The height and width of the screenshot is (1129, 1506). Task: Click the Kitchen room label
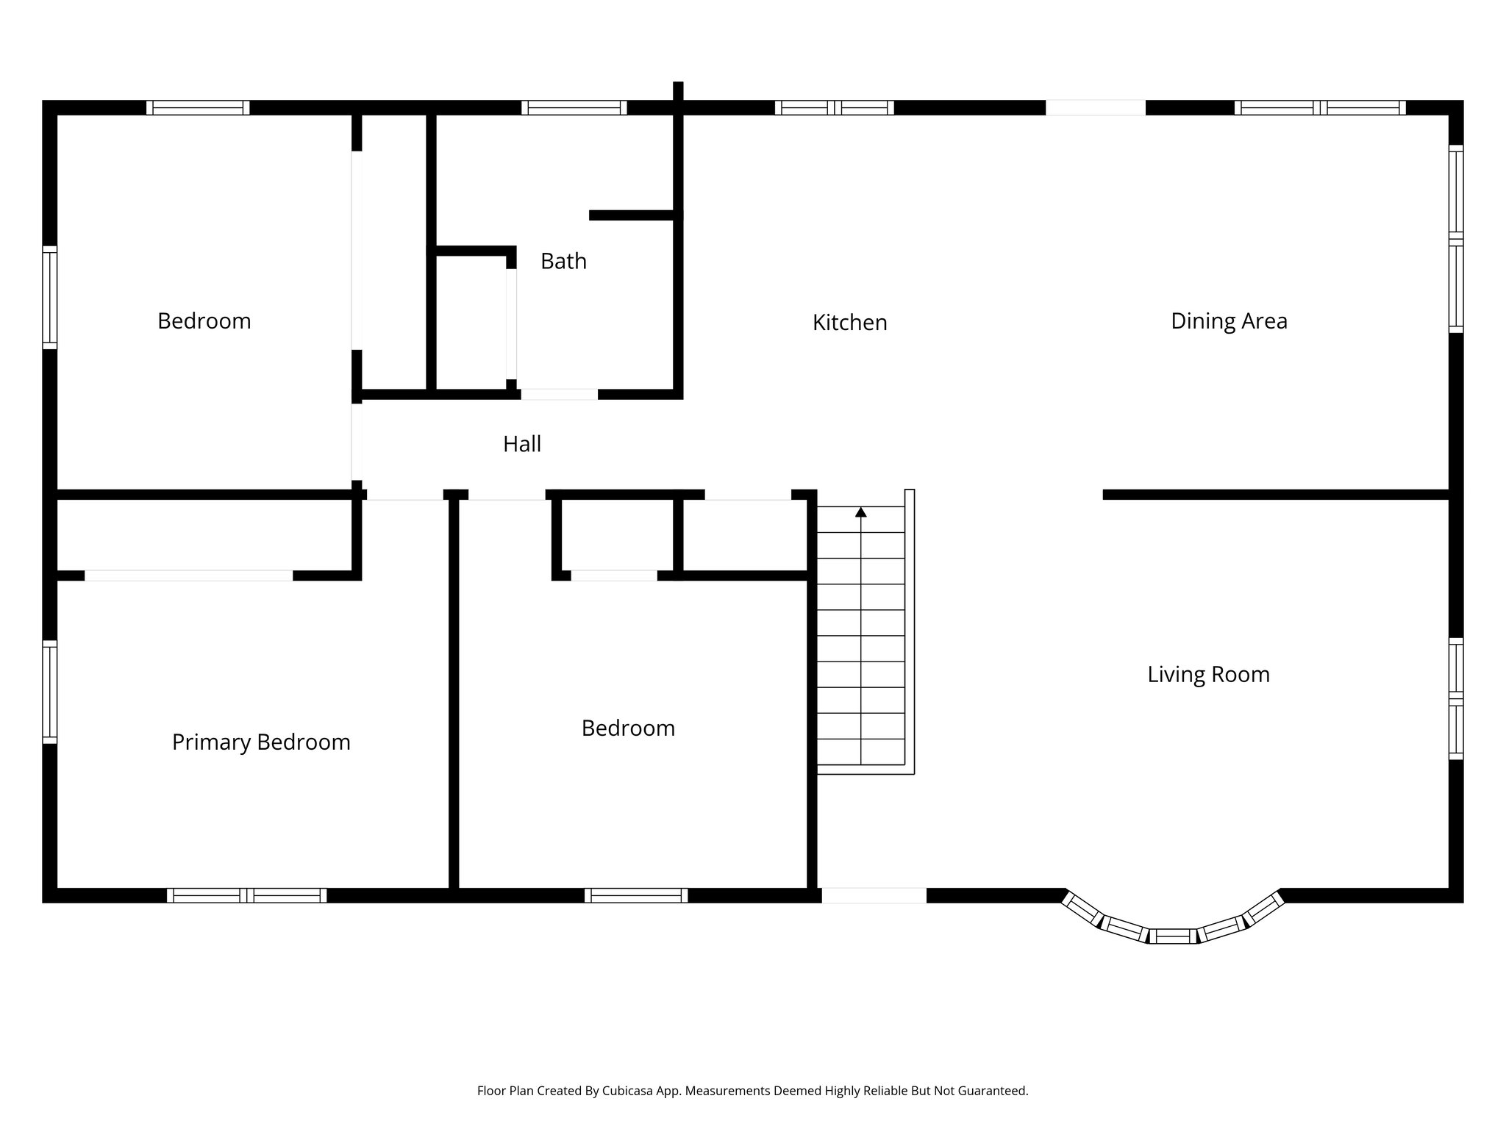[x=849, y=323]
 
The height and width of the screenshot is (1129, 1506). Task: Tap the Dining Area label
[x=1229, y=321]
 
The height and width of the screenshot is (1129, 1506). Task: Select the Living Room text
[x=1208, y=675]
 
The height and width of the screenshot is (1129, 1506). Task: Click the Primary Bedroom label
[x=261, y=742]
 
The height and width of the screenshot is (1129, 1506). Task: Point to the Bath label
[x=563, y=261]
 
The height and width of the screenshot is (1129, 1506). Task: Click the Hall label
[x=522, y=444]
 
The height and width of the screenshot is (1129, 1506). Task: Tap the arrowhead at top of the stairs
[x=861, y=512]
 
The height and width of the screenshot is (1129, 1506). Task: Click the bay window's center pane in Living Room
[x=1173, y=936]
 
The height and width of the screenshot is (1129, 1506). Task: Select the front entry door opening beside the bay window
[x=874, y=895]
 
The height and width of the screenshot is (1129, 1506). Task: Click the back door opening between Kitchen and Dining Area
[x=1096, y=108]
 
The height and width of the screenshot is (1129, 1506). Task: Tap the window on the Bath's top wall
[x=574, y=108]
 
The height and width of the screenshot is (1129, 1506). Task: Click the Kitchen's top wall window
[x=834, y=108]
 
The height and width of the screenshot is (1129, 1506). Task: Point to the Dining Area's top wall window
[x=1320, y=108]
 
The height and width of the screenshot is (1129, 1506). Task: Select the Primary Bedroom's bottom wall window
[x=246, y=895]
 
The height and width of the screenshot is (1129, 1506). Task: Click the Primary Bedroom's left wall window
[x=49, y=692]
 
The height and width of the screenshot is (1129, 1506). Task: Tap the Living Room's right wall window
[x=1456, y=698]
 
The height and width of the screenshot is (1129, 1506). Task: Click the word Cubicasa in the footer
[x=629, y=1091]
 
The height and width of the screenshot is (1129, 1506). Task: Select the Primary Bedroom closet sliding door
[x=188, y=576]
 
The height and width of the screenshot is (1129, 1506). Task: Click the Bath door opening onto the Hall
[x=559, y=395]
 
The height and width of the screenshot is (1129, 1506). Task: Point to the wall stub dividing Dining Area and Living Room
[x=1276, y=495]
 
